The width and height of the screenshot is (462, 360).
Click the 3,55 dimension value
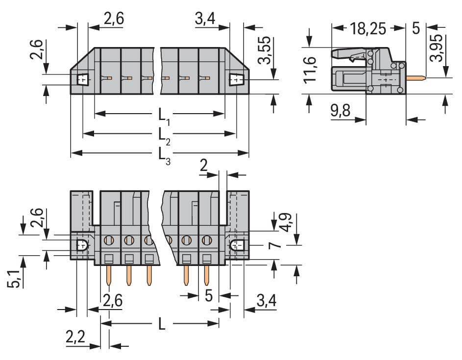point(265,49)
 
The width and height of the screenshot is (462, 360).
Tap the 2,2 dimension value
point(76,337)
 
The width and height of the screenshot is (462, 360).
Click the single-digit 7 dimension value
point(276,245)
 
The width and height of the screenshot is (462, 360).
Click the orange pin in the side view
point(415,77)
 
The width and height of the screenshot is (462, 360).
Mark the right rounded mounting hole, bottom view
point(237,245)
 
